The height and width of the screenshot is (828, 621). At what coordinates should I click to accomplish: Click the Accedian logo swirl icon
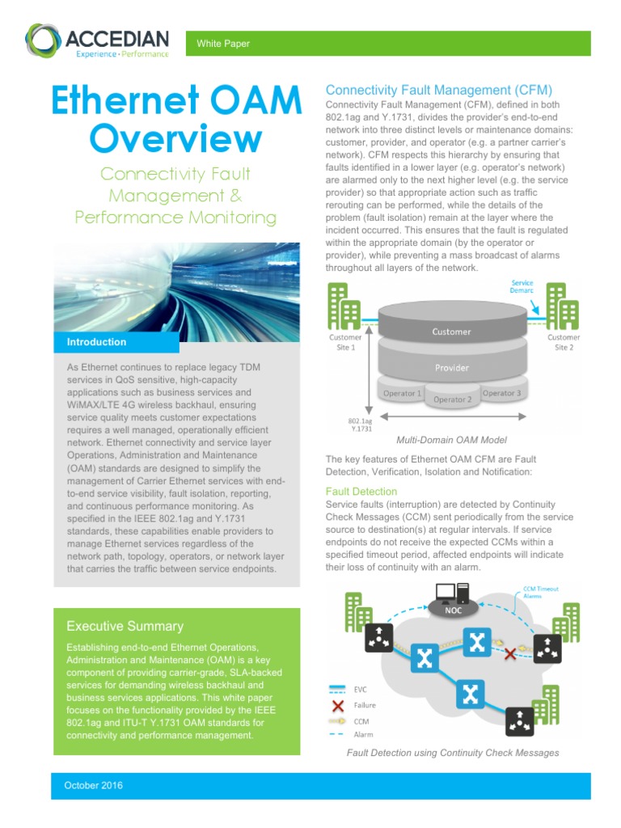point(42,41)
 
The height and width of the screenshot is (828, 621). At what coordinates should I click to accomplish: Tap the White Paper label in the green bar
point(223,44)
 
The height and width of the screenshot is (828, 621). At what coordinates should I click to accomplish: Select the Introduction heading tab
point(96,342)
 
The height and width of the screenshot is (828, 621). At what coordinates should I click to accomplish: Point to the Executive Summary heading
point(125,626)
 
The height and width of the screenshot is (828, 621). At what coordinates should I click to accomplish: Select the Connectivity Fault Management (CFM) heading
point(438,90)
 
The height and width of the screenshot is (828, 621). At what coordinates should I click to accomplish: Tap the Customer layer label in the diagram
point(451,332)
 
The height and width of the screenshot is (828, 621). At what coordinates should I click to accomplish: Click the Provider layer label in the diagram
point(451,368)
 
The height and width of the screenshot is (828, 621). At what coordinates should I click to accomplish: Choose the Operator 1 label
point(402,394)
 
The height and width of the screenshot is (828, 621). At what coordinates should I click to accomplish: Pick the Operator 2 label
point(452,399)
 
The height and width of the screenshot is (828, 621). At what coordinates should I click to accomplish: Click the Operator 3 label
point(501,394)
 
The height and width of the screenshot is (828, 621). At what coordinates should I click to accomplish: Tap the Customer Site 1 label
point(345,342)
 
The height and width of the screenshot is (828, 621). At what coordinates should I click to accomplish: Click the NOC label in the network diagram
point(453,610)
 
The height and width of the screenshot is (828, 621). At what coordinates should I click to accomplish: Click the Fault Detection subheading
point(361,491)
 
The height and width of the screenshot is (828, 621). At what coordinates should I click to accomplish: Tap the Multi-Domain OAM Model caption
point(451,440)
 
